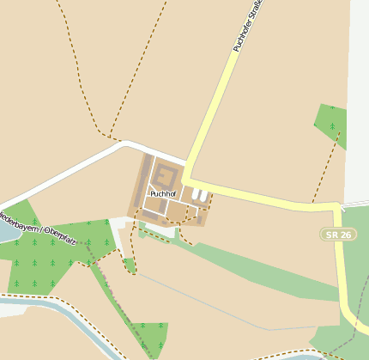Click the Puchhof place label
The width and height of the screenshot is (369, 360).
pyautogui.click(x=162, y=194)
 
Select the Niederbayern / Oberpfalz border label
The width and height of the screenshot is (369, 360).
pyautogui.click(x=39, y=227)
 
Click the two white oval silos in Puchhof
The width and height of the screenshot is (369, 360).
pyautogui.click(x=199, y=195)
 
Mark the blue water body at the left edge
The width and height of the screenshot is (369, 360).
pyautogui.click(x=6, y=229)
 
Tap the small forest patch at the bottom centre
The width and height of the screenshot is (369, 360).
pyautogui.click(x=149, y=336)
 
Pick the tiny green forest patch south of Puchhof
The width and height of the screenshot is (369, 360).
pyautogui.click(x=130, y=265)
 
